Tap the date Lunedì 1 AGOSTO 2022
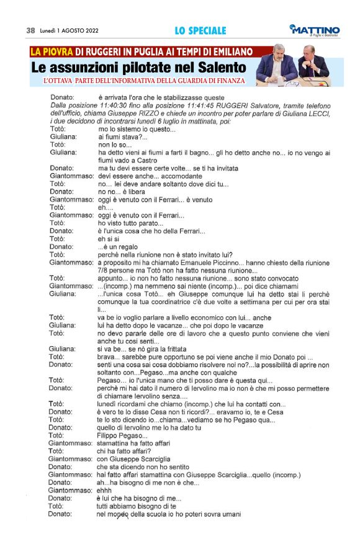point(70,30)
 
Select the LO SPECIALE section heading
point(200,30)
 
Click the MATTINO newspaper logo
point(315,30)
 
